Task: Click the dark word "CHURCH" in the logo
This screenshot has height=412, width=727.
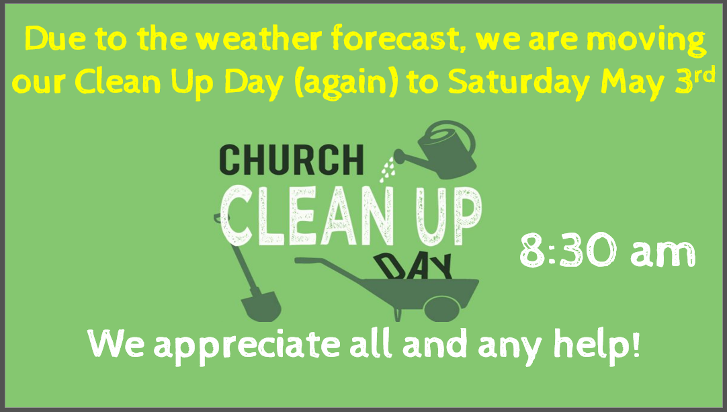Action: pos(292,159)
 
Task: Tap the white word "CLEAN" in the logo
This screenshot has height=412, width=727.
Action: pos(308,216)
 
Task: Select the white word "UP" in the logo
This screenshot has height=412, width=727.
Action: pos(448,217)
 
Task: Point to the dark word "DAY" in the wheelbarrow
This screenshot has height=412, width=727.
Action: pos(413,267)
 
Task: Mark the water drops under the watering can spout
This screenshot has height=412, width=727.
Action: pos(387,169)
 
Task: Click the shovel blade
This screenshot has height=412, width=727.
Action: pos(261,306)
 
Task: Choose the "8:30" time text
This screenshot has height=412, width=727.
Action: pos(568,251)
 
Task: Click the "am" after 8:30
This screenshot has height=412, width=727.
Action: pos(663,255)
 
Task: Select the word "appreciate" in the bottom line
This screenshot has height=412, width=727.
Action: pos(247,345)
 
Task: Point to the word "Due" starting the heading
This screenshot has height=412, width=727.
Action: pos(54,39)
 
